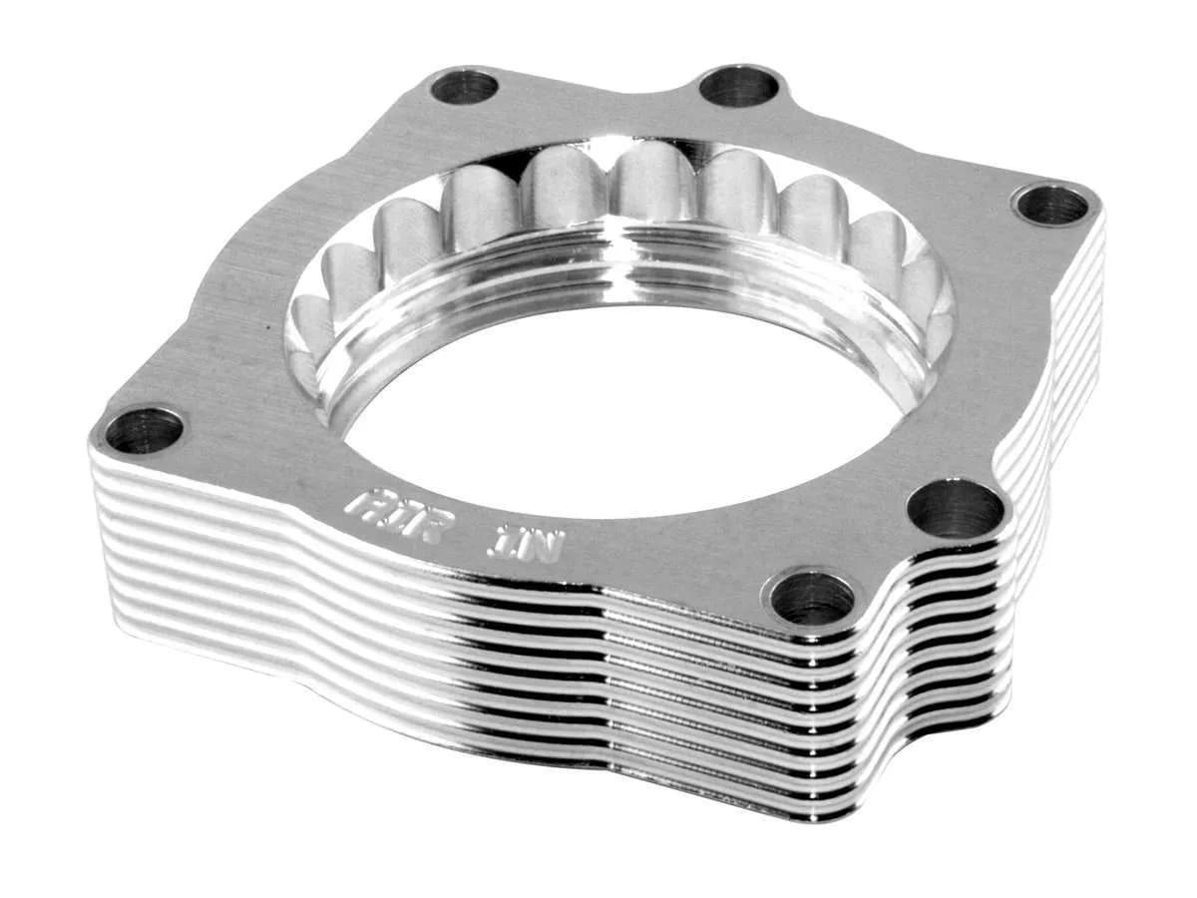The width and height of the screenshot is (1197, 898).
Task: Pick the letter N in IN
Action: coord(543,546)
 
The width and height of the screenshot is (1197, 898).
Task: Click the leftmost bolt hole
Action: coord(144,430)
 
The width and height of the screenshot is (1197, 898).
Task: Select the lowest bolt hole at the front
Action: coord(812,598)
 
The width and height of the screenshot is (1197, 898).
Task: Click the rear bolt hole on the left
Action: coord(465,87)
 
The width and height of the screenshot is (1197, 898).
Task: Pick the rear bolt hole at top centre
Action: coord(739,86)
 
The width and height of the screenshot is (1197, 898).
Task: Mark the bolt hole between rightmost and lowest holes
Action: coord(956,509)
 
